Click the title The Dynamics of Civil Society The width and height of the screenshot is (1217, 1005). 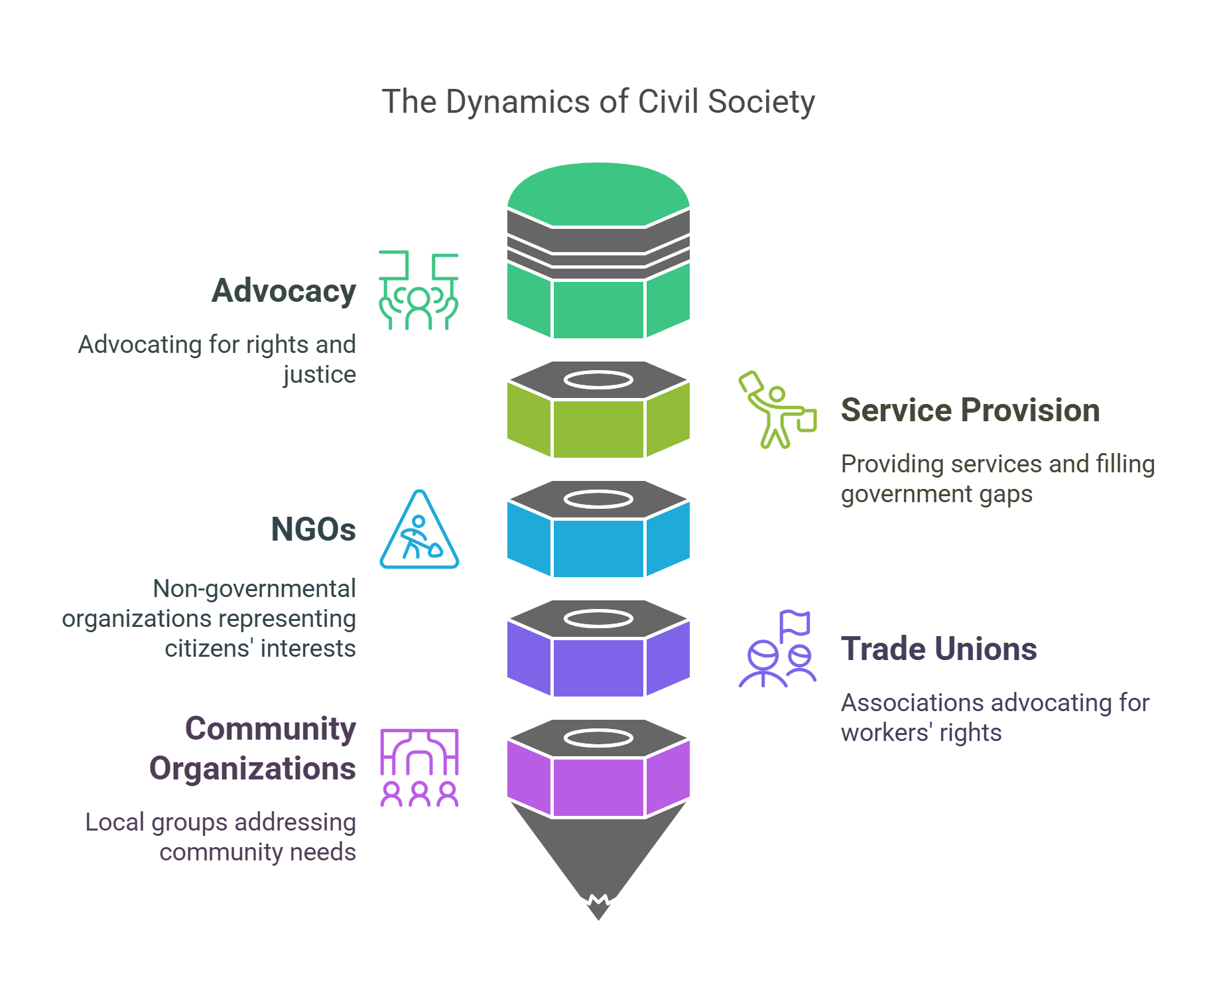point(598,102)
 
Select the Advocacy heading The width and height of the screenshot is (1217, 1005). point(284,291)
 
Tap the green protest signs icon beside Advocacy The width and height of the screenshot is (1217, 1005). point(418,291)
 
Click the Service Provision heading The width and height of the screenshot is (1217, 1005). point(970,410)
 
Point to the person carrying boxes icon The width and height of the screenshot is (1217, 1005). point(777,410)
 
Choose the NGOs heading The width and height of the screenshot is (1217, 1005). point(313,529)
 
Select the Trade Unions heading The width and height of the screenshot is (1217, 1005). point(938,649)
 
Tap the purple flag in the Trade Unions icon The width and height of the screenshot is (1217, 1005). point(795,623)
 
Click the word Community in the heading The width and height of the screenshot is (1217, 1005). point(270,728)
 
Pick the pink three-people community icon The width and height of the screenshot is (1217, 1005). point(419,768)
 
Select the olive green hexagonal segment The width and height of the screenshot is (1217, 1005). point(598,429)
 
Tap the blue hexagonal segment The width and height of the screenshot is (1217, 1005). point(598,548)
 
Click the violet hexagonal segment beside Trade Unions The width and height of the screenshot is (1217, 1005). point(598,667)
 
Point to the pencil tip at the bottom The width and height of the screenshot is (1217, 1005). point(598,909)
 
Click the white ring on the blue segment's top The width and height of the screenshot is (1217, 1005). point(598,499)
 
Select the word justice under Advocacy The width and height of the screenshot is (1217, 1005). point(320,375)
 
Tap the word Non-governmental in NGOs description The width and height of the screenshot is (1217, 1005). point(254,589)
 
